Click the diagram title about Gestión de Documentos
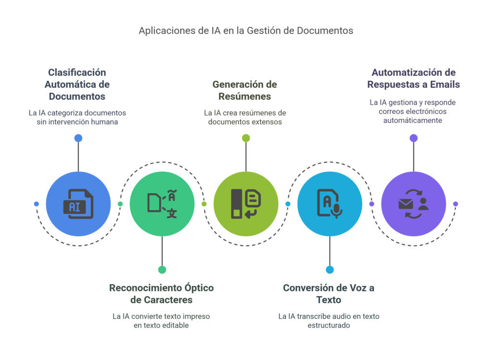[246, 31]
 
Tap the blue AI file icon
[78, 204]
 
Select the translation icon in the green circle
[162, 204]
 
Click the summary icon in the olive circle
[246, 204]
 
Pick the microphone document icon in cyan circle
[330, 204]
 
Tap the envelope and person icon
[413, 204]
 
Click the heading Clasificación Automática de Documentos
[77, 84]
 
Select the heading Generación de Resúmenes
[245, 90]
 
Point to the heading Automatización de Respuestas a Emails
[413, 78]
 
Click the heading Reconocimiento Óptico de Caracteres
[161, 294]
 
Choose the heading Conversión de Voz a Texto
[329, 294]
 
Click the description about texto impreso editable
[161, 321]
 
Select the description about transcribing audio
[329, 321]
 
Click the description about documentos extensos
[245, 117]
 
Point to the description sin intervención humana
[77, 117]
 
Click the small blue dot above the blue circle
[78, 138]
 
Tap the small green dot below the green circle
[162, 270]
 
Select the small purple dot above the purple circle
[413, 138]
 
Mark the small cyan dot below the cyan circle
[330, 270]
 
